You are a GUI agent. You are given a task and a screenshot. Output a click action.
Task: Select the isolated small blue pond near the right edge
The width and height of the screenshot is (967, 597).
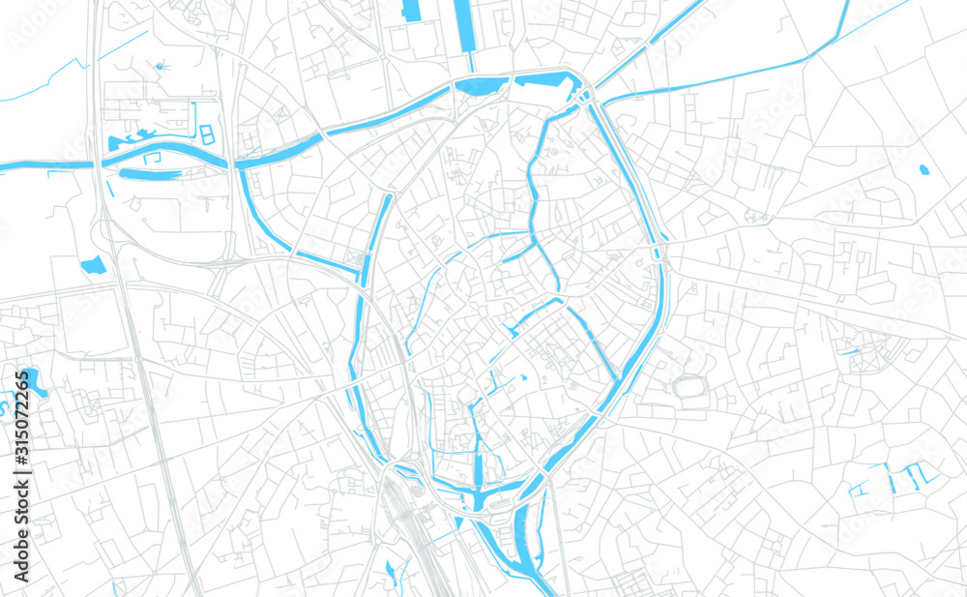click(x=923, y=170)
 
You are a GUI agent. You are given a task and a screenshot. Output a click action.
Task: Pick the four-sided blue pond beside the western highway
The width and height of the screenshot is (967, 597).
click(x=94, y=264)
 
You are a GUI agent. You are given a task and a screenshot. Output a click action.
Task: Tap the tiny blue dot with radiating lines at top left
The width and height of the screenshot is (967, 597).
click(x=160, y=67)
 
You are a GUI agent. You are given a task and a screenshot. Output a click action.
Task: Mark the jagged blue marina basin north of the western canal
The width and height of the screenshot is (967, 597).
click(x=135, y=138)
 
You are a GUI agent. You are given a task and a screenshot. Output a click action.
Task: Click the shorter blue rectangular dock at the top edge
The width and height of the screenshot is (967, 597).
click(x=410, y=11)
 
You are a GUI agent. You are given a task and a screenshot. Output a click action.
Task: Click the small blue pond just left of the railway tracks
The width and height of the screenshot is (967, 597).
click(x=390, y=571)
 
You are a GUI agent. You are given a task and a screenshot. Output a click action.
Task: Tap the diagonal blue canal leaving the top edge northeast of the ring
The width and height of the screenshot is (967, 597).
click(x=677, y=24)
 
